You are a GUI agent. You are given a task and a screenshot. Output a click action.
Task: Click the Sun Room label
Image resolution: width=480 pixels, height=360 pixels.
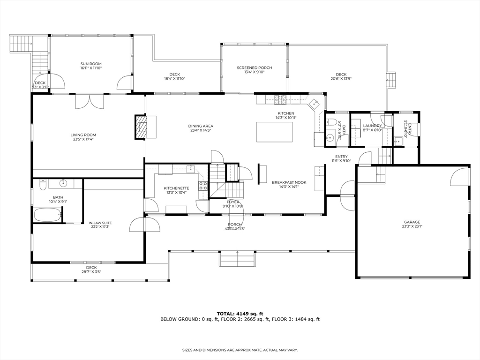90,64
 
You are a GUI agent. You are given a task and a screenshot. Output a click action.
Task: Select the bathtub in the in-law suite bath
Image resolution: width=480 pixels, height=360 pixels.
47,215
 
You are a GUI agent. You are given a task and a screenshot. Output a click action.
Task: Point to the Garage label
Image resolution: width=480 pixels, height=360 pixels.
412,222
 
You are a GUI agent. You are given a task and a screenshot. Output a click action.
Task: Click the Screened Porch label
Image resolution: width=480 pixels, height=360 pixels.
254,67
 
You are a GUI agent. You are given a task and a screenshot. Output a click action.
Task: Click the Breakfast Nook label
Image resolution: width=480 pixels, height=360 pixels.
289,182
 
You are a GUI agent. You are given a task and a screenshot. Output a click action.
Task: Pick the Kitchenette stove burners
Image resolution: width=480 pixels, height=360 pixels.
203,185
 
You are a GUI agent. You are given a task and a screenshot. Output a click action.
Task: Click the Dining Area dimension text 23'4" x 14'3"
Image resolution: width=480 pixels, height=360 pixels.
201,130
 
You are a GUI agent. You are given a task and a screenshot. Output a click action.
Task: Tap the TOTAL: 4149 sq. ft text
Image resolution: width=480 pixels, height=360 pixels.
240,314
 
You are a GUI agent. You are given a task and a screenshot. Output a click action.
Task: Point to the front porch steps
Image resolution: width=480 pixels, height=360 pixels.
237,259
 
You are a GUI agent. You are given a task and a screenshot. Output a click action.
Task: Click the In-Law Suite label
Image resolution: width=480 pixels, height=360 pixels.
100,223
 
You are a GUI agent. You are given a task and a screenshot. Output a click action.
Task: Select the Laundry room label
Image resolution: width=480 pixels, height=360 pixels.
372,126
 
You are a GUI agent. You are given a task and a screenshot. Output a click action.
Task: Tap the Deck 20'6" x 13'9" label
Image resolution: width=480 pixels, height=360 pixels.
341,75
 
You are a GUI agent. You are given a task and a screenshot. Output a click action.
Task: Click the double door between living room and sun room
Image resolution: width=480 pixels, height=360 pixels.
90,101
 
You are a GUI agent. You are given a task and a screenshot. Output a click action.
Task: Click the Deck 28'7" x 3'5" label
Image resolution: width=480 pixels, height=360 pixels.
91,268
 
